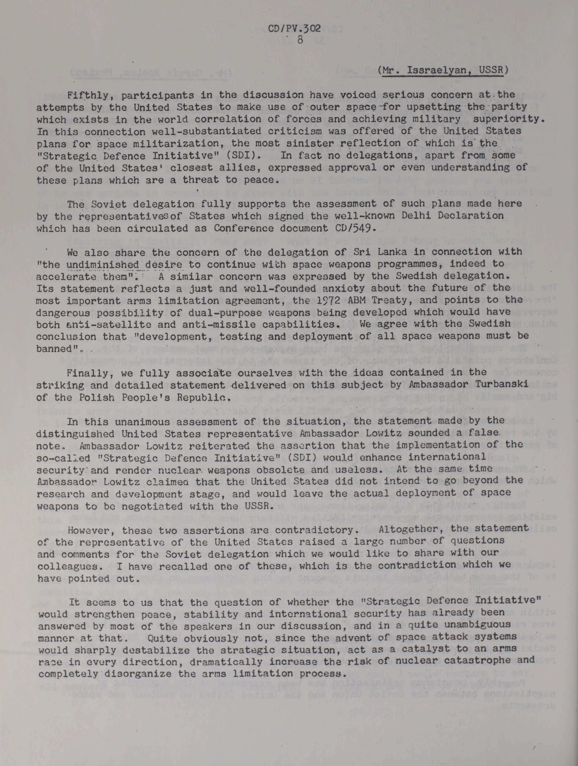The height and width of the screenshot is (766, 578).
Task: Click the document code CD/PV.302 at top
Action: click(294, 28)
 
